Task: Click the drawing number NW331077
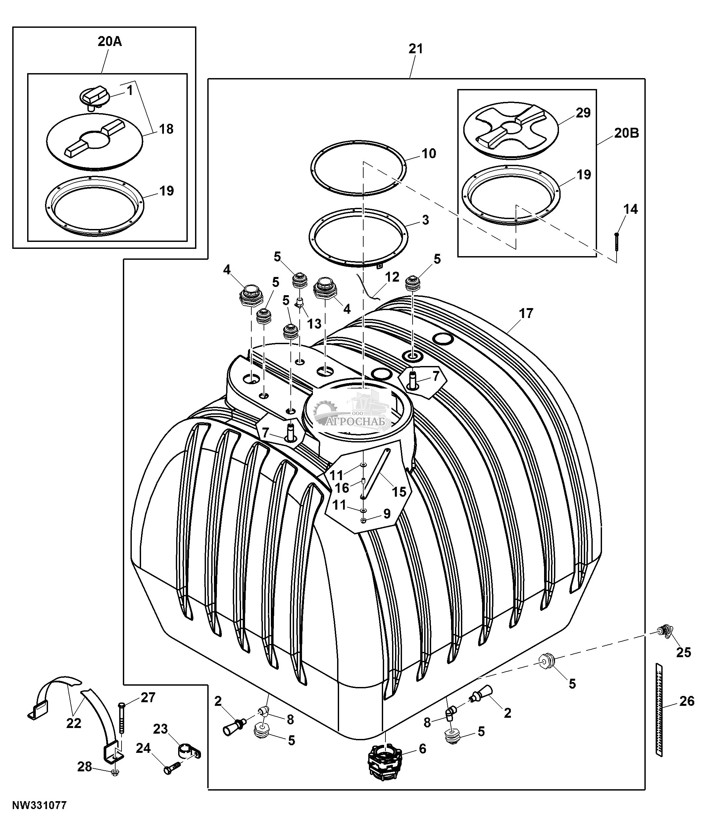pyautogui.click(x=39, y=806)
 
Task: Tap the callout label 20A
pyautogui.click(x=110, y=42)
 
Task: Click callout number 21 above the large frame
pyautogui.click(x=416, y=49)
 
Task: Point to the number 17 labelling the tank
pyautogui.click(x=526, y=313)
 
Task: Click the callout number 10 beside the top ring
pyautogui.click(x=429, y=153)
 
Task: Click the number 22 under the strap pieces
pyautogui.click(x=74, y=723)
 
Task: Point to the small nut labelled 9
pyautogui.click(x=363, y=521)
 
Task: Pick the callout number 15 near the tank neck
pyautogui.click(x=399, y=492)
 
